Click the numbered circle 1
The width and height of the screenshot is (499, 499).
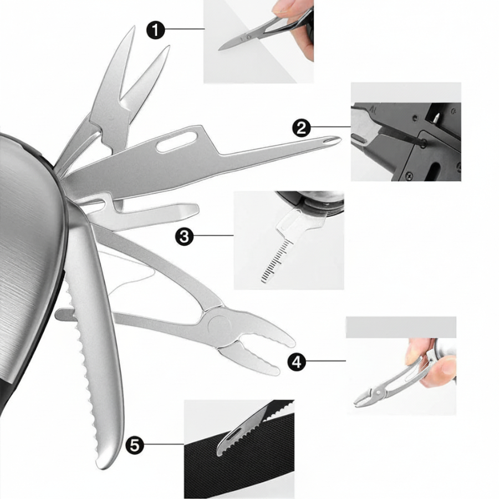point(156,30)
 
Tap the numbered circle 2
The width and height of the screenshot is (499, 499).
point(302,128)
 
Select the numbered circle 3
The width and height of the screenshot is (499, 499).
point(184,236)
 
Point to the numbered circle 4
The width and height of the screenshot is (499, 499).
point(297,362)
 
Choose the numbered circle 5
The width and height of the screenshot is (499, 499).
point(135,445)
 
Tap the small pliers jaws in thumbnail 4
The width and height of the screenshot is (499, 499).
point(366,398)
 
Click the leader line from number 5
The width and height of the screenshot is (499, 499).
point(164,444)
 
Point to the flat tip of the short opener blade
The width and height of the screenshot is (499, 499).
point(195,210)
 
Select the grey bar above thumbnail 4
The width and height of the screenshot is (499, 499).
point(401,327)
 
